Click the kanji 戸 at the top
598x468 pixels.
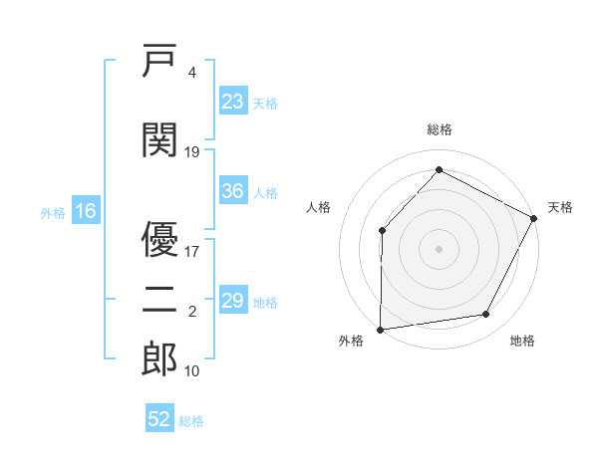pos(159,61)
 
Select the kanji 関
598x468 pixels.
pos(159,139)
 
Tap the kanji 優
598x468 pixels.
pos(159,239)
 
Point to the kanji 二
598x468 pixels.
pos(159,300)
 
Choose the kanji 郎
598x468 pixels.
pos(159,359)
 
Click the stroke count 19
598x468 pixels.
pos(191,152)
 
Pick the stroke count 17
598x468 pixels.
pos(191,252)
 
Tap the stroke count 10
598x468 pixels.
pos(191,371)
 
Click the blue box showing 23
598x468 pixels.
pos(233,101)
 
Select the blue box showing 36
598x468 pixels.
pos(233,190)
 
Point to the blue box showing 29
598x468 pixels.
pos(233,299)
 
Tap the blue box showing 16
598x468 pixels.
pos(86,210)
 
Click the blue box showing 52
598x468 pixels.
pos(159,417)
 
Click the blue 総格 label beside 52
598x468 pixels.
pos(191,421)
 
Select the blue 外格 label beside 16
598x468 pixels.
pos(53,213)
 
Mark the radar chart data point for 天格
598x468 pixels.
pos(533,218)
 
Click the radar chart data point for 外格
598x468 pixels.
pos(381,330)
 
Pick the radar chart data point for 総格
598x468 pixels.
pos(439,169)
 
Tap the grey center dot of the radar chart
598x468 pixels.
pos(439,249)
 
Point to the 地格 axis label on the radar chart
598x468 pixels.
pos(522,341)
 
